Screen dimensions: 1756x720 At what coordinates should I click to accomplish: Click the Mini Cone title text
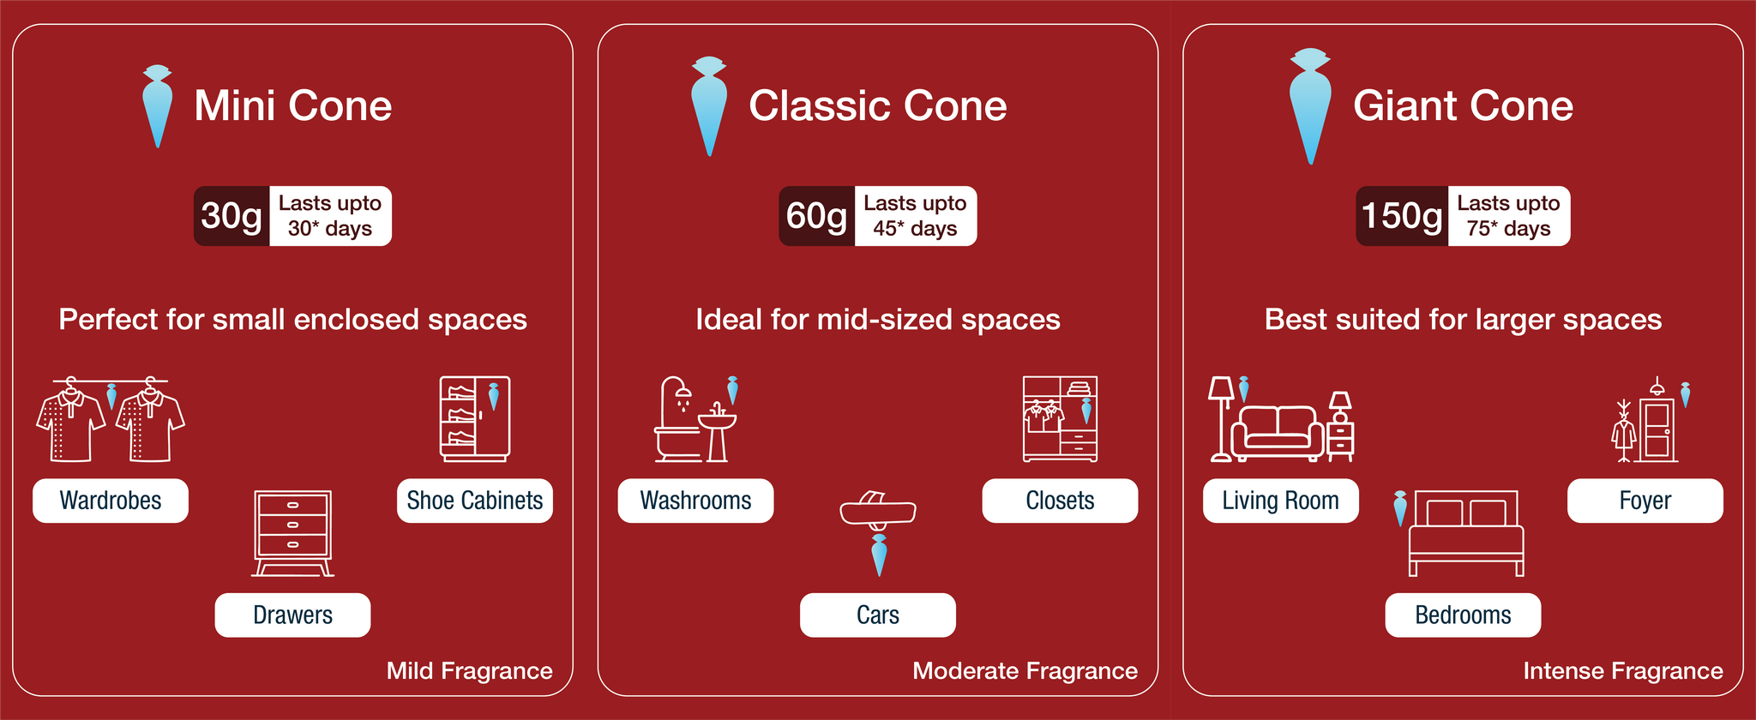[293, 105]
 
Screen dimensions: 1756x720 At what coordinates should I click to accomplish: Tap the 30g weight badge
[232, 216]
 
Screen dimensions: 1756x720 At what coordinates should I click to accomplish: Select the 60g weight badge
[816, 216]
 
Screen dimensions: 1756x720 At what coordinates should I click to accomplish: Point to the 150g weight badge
[1402, 216]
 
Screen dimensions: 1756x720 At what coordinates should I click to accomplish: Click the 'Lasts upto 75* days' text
[1508, 216]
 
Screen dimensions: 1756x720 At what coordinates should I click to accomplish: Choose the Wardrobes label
[111, 501]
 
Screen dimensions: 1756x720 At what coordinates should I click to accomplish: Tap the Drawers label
[292, 615]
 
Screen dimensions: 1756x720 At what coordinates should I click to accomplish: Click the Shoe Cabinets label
[475, 501]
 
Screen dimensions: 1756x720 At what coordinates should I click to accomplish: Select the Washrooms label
[695, 501]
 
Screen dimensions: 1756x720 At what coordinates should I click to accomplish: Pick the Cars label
[878, 615]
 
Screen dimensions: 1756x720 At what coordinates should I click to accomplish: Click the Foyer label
[1645, 501]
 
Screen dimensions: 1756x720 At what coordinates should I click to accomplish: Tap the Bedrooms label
[1463, 615]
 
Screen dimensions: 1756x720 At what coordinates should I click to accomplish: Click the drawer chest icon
[293, 533]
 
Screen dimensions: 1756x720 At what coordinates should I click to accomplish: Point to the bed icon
[1467, 533]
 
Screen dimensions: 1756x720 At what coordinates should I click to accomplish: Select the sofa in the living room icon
[1278, 431]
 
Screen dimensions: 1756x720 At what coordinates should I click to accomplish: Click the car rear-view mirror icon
[878, 511]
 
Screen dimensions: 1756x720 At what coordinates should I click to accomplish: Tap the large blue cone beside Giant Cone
[1310, 105]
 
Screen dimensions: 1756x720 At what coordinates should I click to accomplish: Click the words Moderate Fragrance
[1025, 670]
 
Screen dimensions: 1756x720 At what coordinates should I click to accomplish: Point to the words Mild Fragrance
[470, 670]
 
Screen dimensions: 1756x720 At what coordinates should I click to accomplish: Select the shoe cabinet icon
[475, 419]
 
